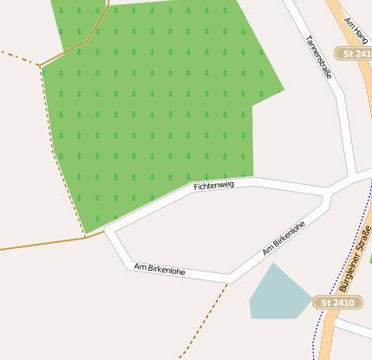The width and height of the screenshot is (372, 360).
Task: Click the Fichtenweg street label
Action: click(214, 186)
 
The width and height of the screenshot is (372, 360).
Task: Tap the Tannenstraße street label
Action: click(318, 57)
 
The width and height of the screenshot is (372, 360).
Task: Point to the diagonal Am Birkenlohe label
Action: click(284, 238)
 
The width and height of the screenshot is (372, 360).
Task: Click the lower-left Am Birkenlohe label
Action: click(160, 270)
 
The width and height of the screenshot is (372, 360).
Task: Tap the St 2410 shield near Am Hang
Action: click(354, 54)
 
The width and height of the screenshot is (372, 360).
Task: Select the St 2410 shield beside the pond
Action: click(336, 302)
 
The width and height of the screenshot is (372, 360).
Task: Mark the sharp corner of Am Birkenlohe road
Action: click(230, 278)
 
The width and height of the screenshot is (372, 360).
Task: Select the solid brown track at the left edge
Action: click(35, 245)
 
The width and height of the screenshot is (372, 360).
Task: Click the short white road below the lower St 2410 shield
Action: click(356, 328)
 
